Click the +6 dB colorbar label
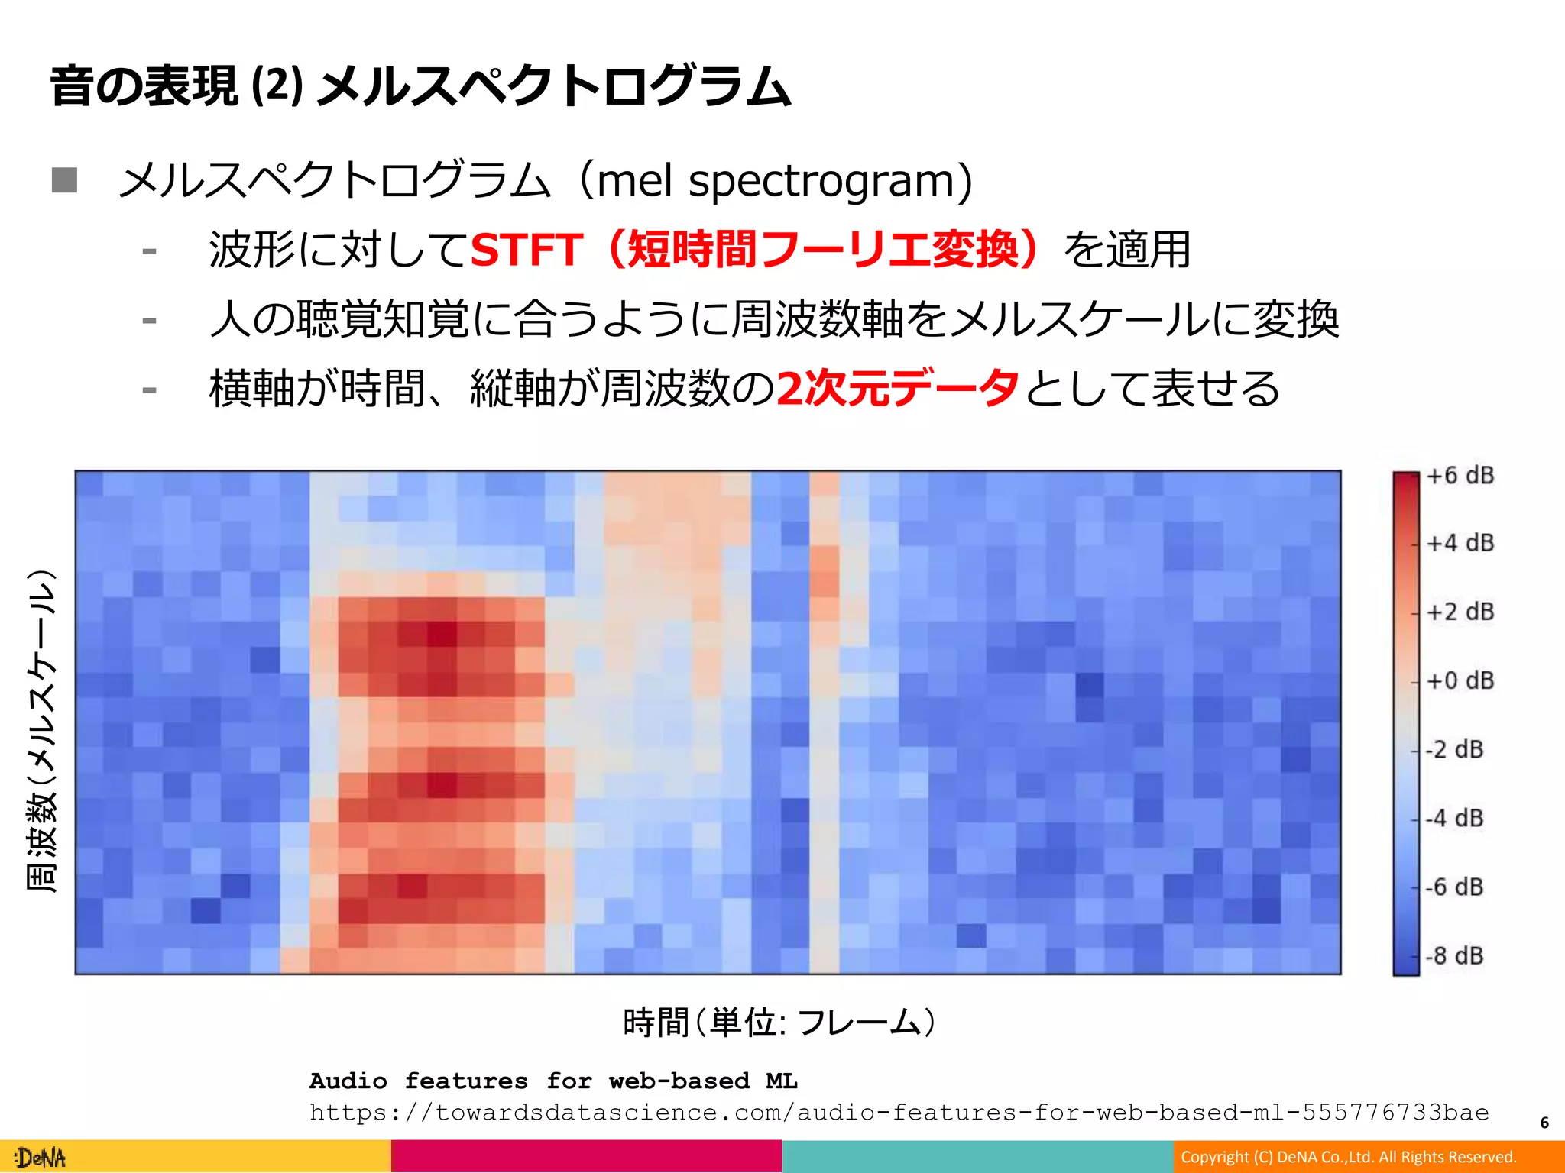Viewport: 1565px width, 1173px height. point(1460,476)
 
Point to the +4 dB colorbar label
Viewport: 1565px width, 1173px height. point(1460,544)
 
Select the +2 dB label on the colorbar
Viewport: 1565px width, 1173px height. point(1460,612)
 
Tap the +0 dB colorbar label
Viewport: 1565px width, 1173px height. point(1460,681)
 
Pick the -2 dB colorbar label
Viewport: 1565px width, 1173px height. point(1454,750)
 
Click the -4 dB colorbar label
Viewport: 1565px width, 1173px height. point(1454,819)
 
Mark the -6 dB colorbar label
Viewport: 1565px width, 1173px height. point(1454,887)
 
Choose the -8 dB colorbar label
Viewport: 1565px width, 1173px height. point(1454,956)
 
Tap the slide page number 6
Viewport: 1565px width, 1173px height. point(1544,1123)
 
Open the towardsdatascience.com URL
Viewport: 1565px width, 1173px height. point(899,1113)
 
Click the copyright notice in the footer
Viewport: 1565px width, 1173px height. point(1348,1157)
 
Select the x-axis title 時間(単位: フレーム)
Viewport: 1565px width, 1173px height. point(779,1023)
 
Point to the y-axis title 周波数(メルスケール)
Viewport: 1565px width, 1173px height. point(42,731)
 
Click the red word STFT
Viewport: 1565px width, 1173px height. point(527,250)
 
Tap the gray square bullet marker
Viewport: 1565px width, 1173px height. point(65,180)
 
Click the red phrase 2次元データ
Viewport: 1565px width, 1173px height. point(897,388)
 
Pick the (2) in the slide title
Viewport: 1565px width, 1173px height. point(277,86)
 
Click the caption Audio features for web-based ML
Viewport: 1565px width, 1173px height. point(553,1081)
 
